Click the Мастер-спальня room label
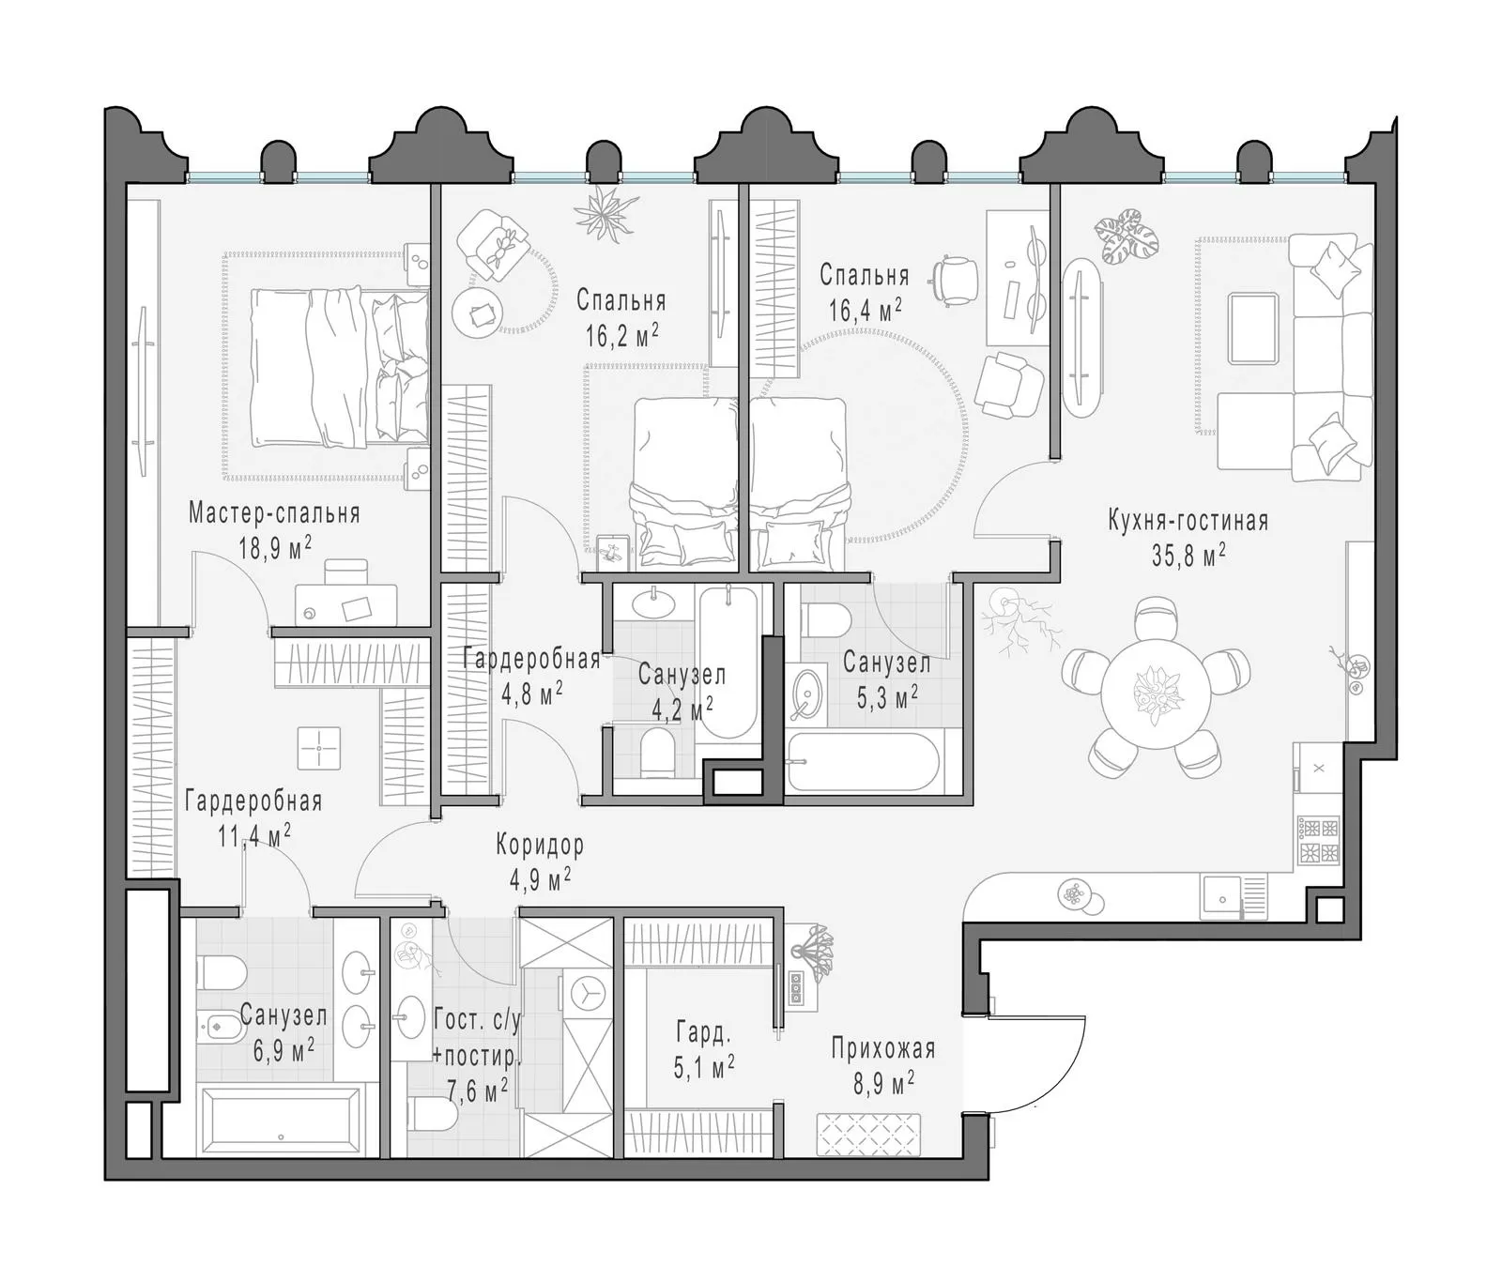coord(274,513)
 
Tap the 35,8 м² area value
coord(1188,555)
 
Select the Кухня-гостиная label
coord(1188,521)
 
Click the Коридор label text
coord(540,845)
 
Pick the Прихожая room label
coord(882,1047)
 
